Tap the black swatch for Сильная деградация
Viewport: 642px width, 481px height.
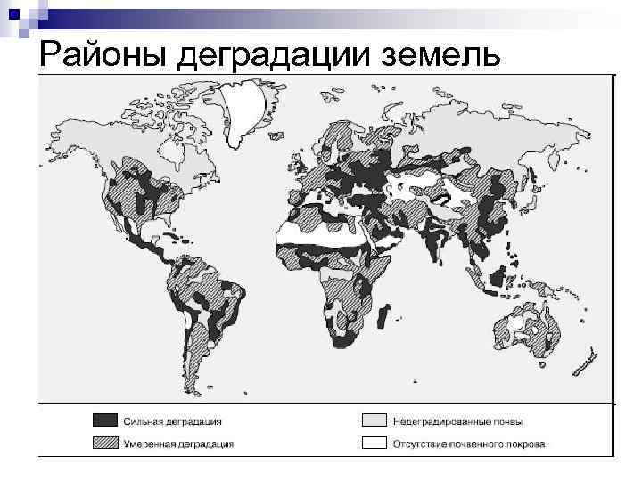(x=103, y=420)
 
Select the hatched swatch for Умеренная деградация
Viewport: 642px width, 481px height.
(x=103, y=443)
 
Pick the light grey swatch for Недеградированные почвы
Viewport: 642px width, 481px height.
(x=374, y=420)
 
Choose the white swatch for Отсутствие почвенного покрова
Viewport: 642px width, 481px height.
(x=374, y=443)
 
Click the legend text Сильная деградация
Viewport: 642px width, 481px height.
(x=173, y=420)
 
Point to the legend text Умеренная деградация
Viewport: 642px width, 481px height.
(x=178, y=443)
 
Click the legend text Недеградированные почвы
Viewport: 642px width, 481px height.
(x=458, y=420)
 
